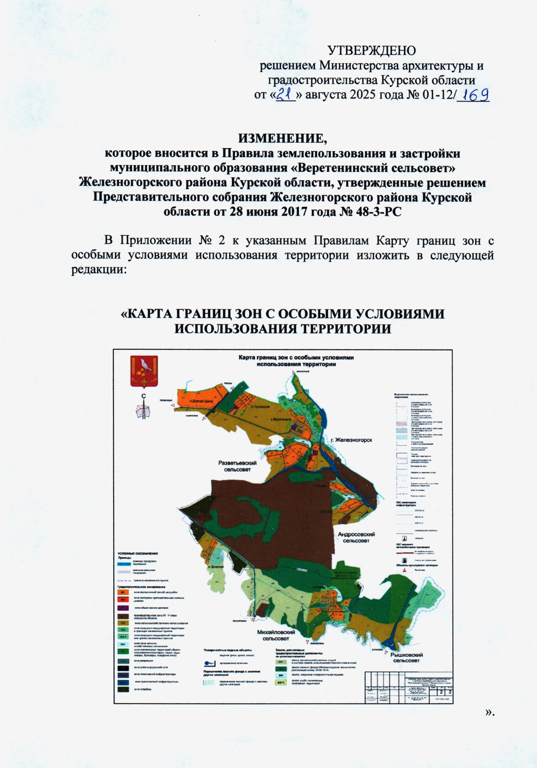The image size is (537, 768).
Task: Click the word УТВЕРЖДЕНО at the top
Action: [371, 50]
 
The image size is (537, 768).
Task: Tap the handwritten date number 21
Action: [285, 94]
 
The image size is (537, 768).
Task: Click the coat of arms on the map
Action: [144, 371]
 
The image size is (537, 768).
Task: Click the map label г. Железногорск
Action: [351, 440]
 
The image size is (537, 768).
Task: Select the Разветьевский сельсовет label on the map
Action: [237, 466]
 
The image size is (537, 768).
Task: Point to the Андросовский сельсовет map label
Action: [356, 537]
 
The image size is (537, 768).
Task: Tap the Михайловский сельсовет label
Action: [276, 635]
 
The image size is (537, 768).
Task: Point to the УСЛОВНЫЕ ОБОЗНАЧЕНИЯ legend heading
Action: [138, 554]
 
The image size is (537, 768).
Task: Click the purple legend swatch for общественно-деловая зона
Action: [123, 608]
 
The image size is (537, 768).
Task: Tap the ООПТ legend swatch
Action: [281, 683]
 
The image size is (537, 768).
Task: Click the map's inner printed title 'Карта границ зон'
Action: [296, 358]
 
